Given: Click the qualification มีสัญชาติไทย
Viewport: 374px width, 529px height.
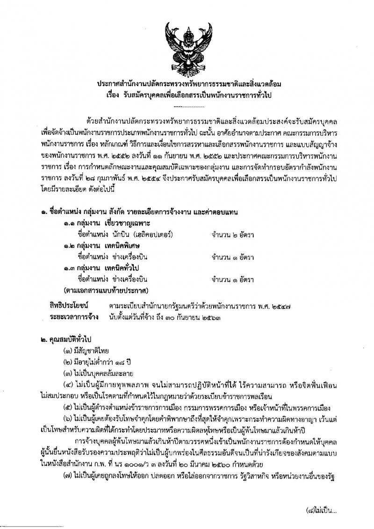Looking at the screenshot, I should (x=92, y=352).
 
